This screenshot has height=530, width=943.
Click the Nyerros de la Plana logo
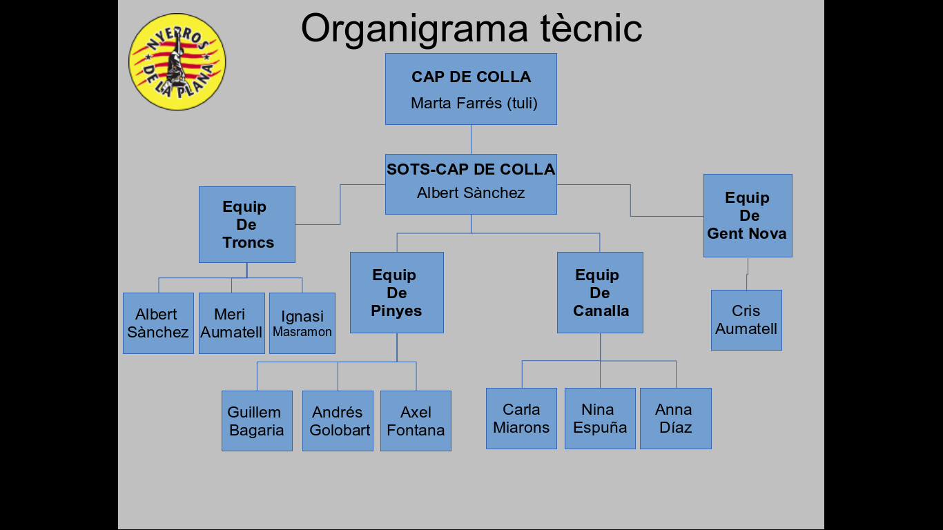[x=177, y=62]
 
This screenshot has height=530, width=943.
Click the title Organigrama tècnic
[x=471, y=28]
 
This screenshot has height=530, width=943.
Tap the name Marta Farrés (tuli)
[x=474, y=104]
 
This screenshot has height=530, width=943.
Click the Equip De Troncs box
[x=247, y=224]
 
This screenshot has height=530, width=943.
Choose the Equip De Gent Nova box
[x=748, y=215]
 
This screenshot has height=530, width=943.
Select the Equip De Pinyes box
[x=397, y=293]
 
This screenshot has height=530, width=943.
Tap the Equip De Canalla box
[x=600, y=293]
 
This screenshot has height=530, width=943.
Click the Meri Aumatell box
[x=231, y=323]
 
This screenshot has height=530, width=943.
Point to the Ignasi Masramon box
[x=302, y=323]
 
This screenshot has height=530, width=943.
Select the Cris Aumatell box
[x=746, y=320]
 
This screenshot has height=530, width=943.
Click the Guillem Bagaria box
[x=257, y=421]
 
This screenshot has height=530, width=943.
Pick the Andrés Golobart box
[x=338, y=421]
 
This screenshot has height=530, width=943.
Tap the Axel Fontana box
[x=416, y=421]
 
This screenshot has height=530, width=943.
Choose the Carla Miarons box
[x=521, y=418]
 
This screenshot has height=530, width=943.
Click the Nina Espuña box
[x=600, y=418]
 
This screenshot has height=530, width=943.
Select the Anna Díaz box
[x=675, y=418]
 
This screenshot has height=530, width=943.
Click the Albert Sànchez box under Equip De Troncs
[x=158, y=323]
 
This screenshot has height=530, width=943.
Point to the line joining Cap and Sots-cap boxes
[x=471, y=139]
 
